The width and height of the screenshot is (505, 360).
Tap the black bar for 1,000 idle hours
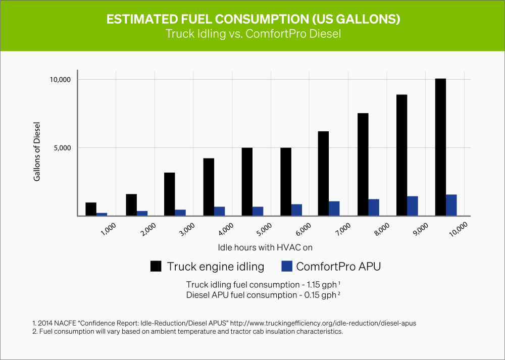(91, 209)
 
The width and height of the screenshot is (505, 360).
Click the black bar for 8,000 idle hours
(363, 165)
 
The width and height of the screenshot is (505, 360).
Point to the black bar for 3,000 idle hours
(169, 194)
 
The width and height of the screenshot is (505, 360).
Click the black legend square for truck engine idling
(156, 267)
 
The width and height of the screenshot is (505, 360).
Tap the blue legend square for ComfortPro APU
(287, 267)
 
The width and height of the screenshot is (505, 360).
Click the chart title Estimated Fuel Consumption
(252, 19)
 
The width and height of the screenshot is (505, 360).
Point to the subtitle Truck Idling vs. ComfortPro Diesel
(252, 34)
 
